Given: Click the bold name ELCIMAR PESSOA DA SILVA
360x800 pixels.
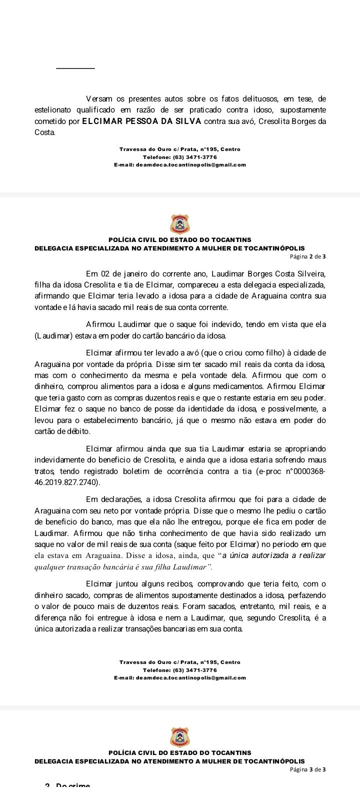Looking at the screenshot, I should click(x=141, y=121).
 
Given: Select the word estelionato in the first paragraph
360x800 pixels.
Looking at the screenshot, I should click(x=54, y=109).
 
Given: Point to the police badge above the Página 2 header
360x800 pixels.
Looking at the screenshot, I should click(x=180, y=223).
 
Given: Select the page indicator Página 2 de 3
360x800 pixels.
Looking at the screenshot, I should click(x=308, y=256).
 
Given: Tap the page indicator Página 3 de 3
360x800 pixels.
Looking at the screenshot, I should click(x=308, y=769).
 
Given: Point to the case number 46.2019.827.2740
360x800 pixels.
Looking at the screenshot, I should click(x=67, y=482).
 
